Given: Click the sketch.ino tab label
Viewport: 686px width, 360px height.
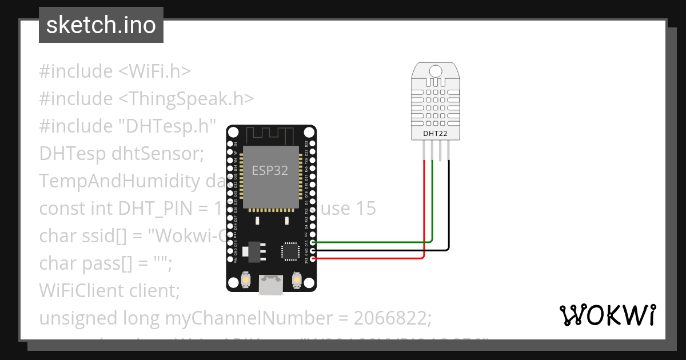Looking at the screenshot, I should coord(101,25).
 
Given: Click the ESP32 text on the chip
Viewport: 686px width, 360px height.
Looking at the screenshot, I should coord(270,170).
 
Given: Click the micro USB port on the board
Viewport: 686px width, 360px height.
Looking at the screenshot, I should coord(270,284).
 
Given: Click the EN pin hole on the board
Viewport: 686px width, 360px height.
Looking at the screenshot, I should coord(230,143).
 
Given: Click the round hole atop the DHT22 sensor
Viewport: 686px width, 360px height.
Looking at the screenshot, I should coord(435,71).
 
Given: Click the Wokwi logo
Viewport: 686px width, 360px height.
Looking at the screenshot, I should coord(608,315).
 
